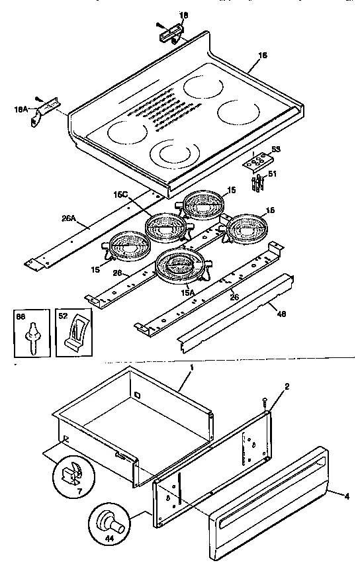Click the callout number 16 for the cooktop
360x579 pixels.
pyautogui.click(x=262, y=56)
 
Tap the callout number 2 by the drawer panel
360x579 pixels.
pyautogui.click(x=287, y=386)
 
